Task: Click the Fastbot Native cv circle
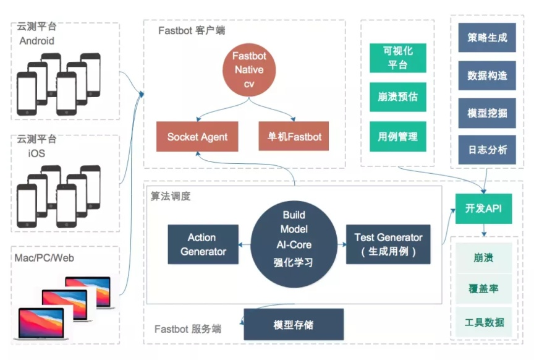(x=249, y=70)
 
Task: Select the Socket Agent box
(x=197, y=137)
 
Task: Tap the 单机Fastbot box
(x=294, y=137)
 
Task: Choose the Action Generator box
(x=203, y=244)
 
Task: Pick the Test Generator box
(x=388, y=244)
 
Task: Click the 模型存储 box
(x=294, y=325)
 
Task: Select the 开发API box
(x=484, y=209)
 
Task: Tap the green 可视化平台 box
(x=397, y=58)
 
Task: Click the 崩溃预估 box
(x=397, y=96)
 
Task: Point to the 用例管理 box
(x=397, y=136)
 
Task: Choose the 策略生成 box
(x=487, y=38)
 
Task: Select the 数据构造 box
(x=487, y=75)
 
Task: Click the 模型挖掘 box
(x=487, y=113)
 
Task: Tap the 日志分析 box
(x=487, y=150)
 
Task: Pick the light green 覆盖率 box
(x=484, y=289)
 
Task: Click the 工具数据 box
(x=484, y=322)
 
